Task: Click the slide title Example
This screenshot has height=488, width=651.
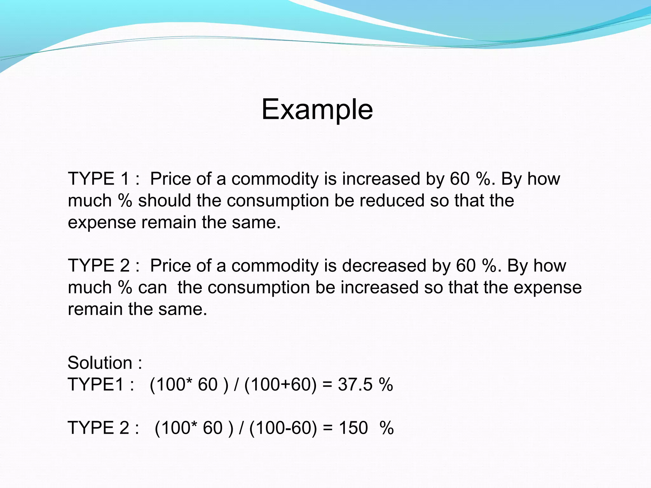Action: click(317, 109)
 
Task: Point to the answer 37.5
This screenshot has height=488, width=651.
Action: click(355, 384)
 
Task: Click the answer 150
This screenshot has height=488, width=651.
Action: click(353, 428)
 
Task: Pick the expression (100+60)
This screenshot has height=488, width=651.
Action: click(280, 384)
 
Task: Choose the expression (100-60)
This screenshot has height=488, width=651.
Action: click(283, 428)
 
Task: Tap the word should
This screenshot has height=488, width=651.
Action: click(164, 200)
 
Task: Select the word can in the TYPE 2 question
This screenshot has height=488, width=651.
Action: click(152, 288)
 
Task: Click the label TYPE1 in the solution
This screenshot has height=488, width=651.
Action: click(96, 384)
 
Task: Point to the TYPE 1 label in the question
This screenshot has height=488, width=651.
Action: click(99, 179)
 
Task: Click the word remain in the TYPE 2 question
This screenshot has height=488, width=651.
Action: click(95, 309)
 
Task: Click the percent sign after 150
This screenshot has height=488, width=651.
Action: click(387, 428)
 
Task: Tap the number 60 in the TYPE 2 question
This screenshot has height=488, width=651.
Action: click(466, 266)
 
